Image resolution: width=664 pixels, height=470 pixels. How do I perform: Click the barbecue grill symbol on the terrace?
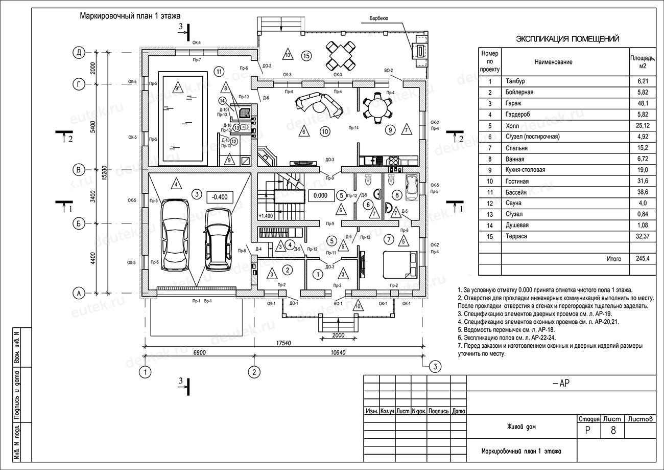tap(420, 51)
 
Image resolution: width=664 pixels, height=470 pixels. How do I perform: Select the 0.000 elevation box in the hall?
tap(320, 195)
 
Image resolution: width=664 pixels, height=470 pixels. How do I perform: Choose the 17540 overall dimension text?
tap(284, 343)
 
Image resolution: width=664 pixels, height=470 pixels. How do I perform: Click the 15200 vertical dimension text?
tap(104, 173)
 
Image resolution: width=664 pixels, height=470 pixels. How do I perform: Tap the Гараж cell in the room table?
tap(513, 103)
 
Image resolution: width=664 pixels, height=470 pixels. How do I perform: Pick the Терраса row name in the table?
tap(516, 236)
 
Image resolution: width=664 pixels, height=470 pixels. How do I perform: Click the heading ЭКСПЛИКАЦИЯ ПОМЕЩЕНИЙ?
tap(567, 39)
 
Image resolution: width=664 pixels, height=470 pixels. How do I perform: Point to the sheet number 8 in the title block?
tap(613, 431)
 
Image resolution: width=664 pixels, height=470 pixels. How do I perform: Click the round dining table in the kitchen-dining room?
tap(377, 106)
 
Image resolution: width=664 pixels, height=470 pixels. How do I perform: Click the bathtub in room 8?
tap(411, 187)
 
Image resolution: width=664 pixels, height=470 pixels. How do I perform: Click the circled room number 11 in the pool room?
tap(220, 71)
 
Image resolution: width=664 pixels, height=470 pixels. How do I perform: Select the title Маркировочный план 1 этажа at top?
tap(130, 16)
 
